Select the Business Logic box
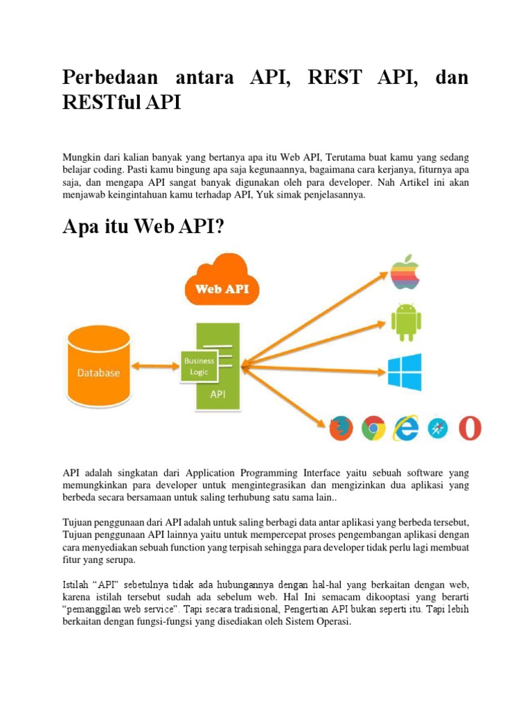click(x=199, y=366)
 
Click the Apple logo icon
click(x=406, y=272)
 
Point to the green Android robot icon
click(x=406, y=321)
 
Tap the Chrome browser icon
click(x=373, y=428)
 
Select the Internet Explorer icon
click(x=406, y=428)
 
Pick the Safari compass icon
click(x=438, y=428)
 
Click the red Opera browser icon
click(x=470, y=428)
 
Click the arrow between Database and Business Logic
click(x=156, y=365)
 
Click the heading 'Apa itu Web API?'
click(x=144, y=227)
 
